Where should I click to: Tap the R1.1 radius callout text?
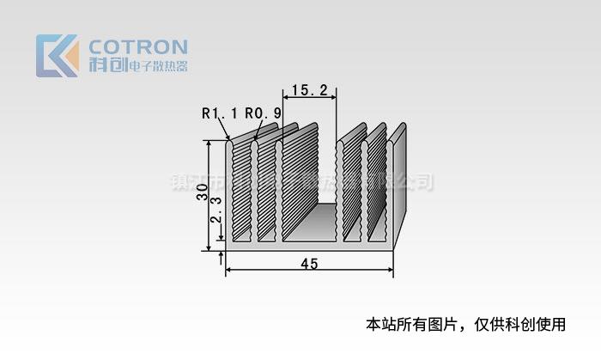[218, 113]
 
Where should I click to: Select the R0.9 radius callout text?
[263, 113]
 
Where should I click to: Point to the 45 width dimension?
[310, 264]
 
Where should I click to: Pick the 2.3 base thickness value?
[218, 211]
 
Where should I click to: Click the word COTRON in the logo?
[138, 46]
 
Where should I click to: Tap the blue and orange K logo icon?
[57, 56]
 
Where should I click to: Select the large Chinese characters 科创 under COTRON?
[107, 65]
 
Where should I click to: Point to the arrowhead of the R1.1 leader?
[228, 137]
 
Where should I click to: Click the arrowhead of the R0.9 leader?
[255, 137]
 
